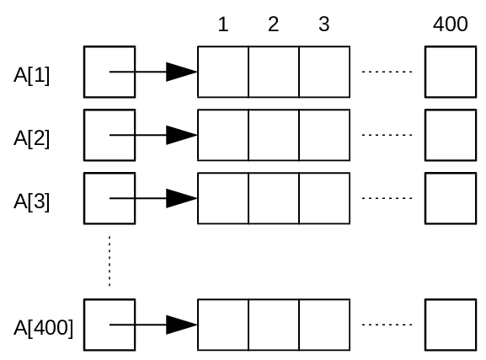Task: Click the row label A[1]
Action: click(32, 75)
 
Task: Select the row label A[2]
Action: click(32, 138)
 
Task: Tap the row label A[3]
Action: click(32, 201)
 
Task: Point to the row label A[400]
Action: click(44, 328)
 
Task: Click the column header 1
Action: click(223, 24)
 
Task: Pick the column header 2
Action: click(274, 24)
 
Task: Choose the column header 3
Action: click(324, 24)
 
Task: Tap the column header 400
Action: click(451, 24)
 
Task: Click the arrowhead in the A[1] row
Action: click(182, 72)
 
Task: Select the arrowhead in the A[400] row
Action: click(182, 325)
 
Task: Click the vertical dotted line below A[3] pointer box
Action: click(109, 261)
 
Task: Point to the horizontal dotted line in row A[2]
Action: click(387, 135)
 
